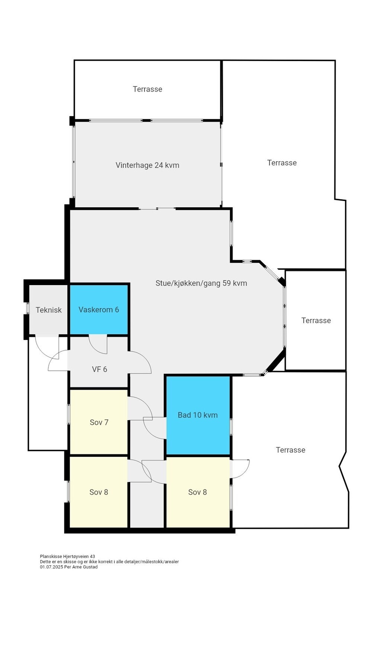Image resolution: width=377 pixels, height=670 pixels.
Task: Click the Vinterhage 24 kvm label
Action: pyautogui.click(x=147, y=165)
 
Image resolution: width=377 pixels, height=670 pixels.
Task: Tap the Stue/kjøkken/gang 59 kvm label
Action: pyautogui.click(x=201, y=283)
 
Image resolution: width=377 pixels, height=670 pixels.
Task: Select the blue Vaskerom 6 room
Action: pyautogui.click(x=99, y=310)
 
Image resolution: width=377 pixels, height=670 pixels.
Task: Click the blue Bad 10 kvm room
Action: pyautogui.click(x=198, y=415)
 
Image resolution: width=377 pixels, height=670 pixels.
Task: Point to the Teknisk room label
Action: pyautogui.click(x=48, y=310)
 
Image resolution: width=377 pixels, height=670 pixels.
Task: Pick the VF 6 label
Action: pyautogui.click(x=99, y=369)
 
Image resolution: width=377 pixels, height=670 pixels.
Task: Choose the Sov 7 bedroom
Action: pyautogui.click(x=99, y=422)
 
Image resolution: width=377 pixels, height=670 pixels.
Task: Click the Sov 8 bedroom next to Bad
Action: pyautogui.click(x=197, y=492)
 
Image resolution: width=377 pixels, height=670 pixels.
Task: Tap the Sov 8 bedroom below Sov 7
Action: pyautogui.click(x=99, y=492)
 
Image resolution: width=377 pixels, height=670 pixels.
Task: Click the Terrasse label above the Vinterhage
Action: pyautogui.click(x=147, y=89)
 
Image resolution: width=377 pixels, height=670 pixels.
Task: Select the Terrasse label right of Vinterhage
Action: pyautogui.click(x=282, y=163)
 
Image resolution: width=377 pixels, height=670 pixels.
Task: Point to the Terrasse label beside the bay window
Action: pyautogui.click(x=316, y=320)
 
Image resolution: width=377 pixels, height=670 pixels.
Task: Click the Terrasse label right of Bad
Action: pyautogui.click(x=290, y=450)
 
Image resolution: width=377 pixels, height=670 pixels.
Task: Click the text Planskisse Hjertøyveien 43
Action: pyautogui.click(x=67, y=556)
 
